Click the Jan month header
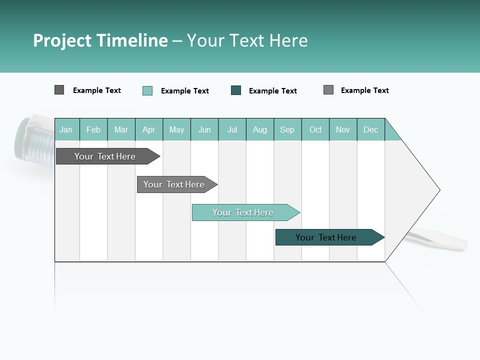tap(66, 129)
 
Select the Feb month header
tap(93, 129)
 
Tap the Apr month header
tap(149, 129)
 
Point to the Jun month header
tap(204, 129)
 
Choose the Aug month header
tap(260, 129)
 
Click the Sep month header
tap(287, 129)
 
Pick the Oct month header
tap(315, 129)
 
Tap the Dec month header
tap(371, 129)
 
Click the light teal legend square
tap(147, 90)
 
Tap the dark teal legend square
tap(236, 90)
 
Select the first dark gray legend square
tap(59, 90)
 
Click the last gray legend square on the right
tap(328, 90)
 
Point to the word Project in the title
tap(62, 40)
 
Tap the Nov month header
tap(343, 129)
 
